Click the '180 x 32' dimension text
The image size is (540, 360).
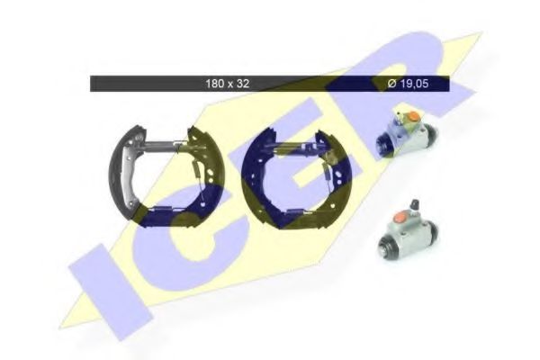coord(228,84)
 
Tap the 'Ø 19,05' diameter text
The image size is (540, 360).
coord(408,84)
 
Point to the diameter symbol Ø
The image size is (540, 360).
coord(391,84)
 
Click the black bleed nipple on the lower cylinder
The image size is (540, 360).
coord(415,205)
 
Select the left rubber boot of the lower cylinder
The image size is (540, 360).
coord(386,246)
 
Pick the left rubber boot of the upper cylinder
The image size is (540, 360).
coord(382,145)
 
